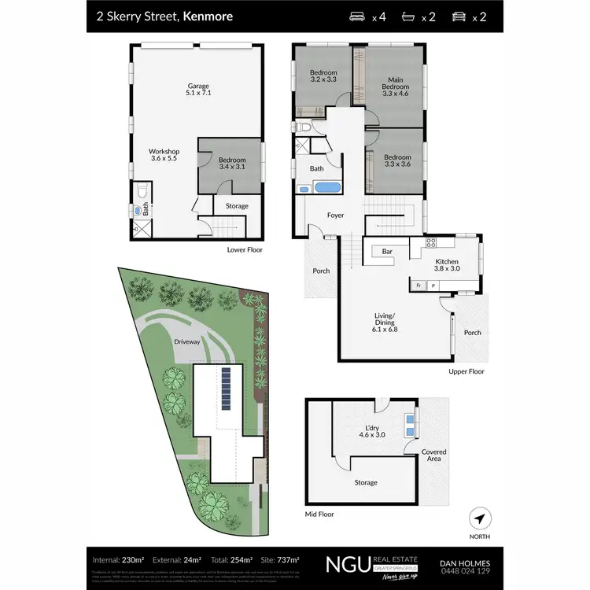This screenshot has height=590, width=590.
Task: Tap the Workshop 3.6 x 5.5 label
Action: (x=165, y=155)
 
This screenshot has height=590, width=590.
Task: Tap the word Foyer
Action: (x=336, y=215)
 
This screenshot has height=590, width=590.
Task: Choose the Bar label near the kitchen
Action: (x=387, y=251)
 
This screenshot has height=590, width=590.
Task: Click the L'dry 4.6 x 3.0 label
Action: (x=367, y=431)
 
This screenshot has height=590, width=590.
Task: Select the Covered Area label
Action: (x=433, y=455)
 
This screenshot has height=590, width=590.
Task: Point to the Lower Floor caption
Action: (x=245, y=249)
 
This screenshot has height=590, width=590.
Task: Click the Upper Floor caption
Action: (x=466, y=371)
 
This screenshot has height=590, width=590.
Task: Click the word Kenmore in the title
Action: (x=208, y=16)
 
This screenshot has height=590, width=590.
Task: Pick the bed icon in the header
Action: (x=357, y=16)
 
